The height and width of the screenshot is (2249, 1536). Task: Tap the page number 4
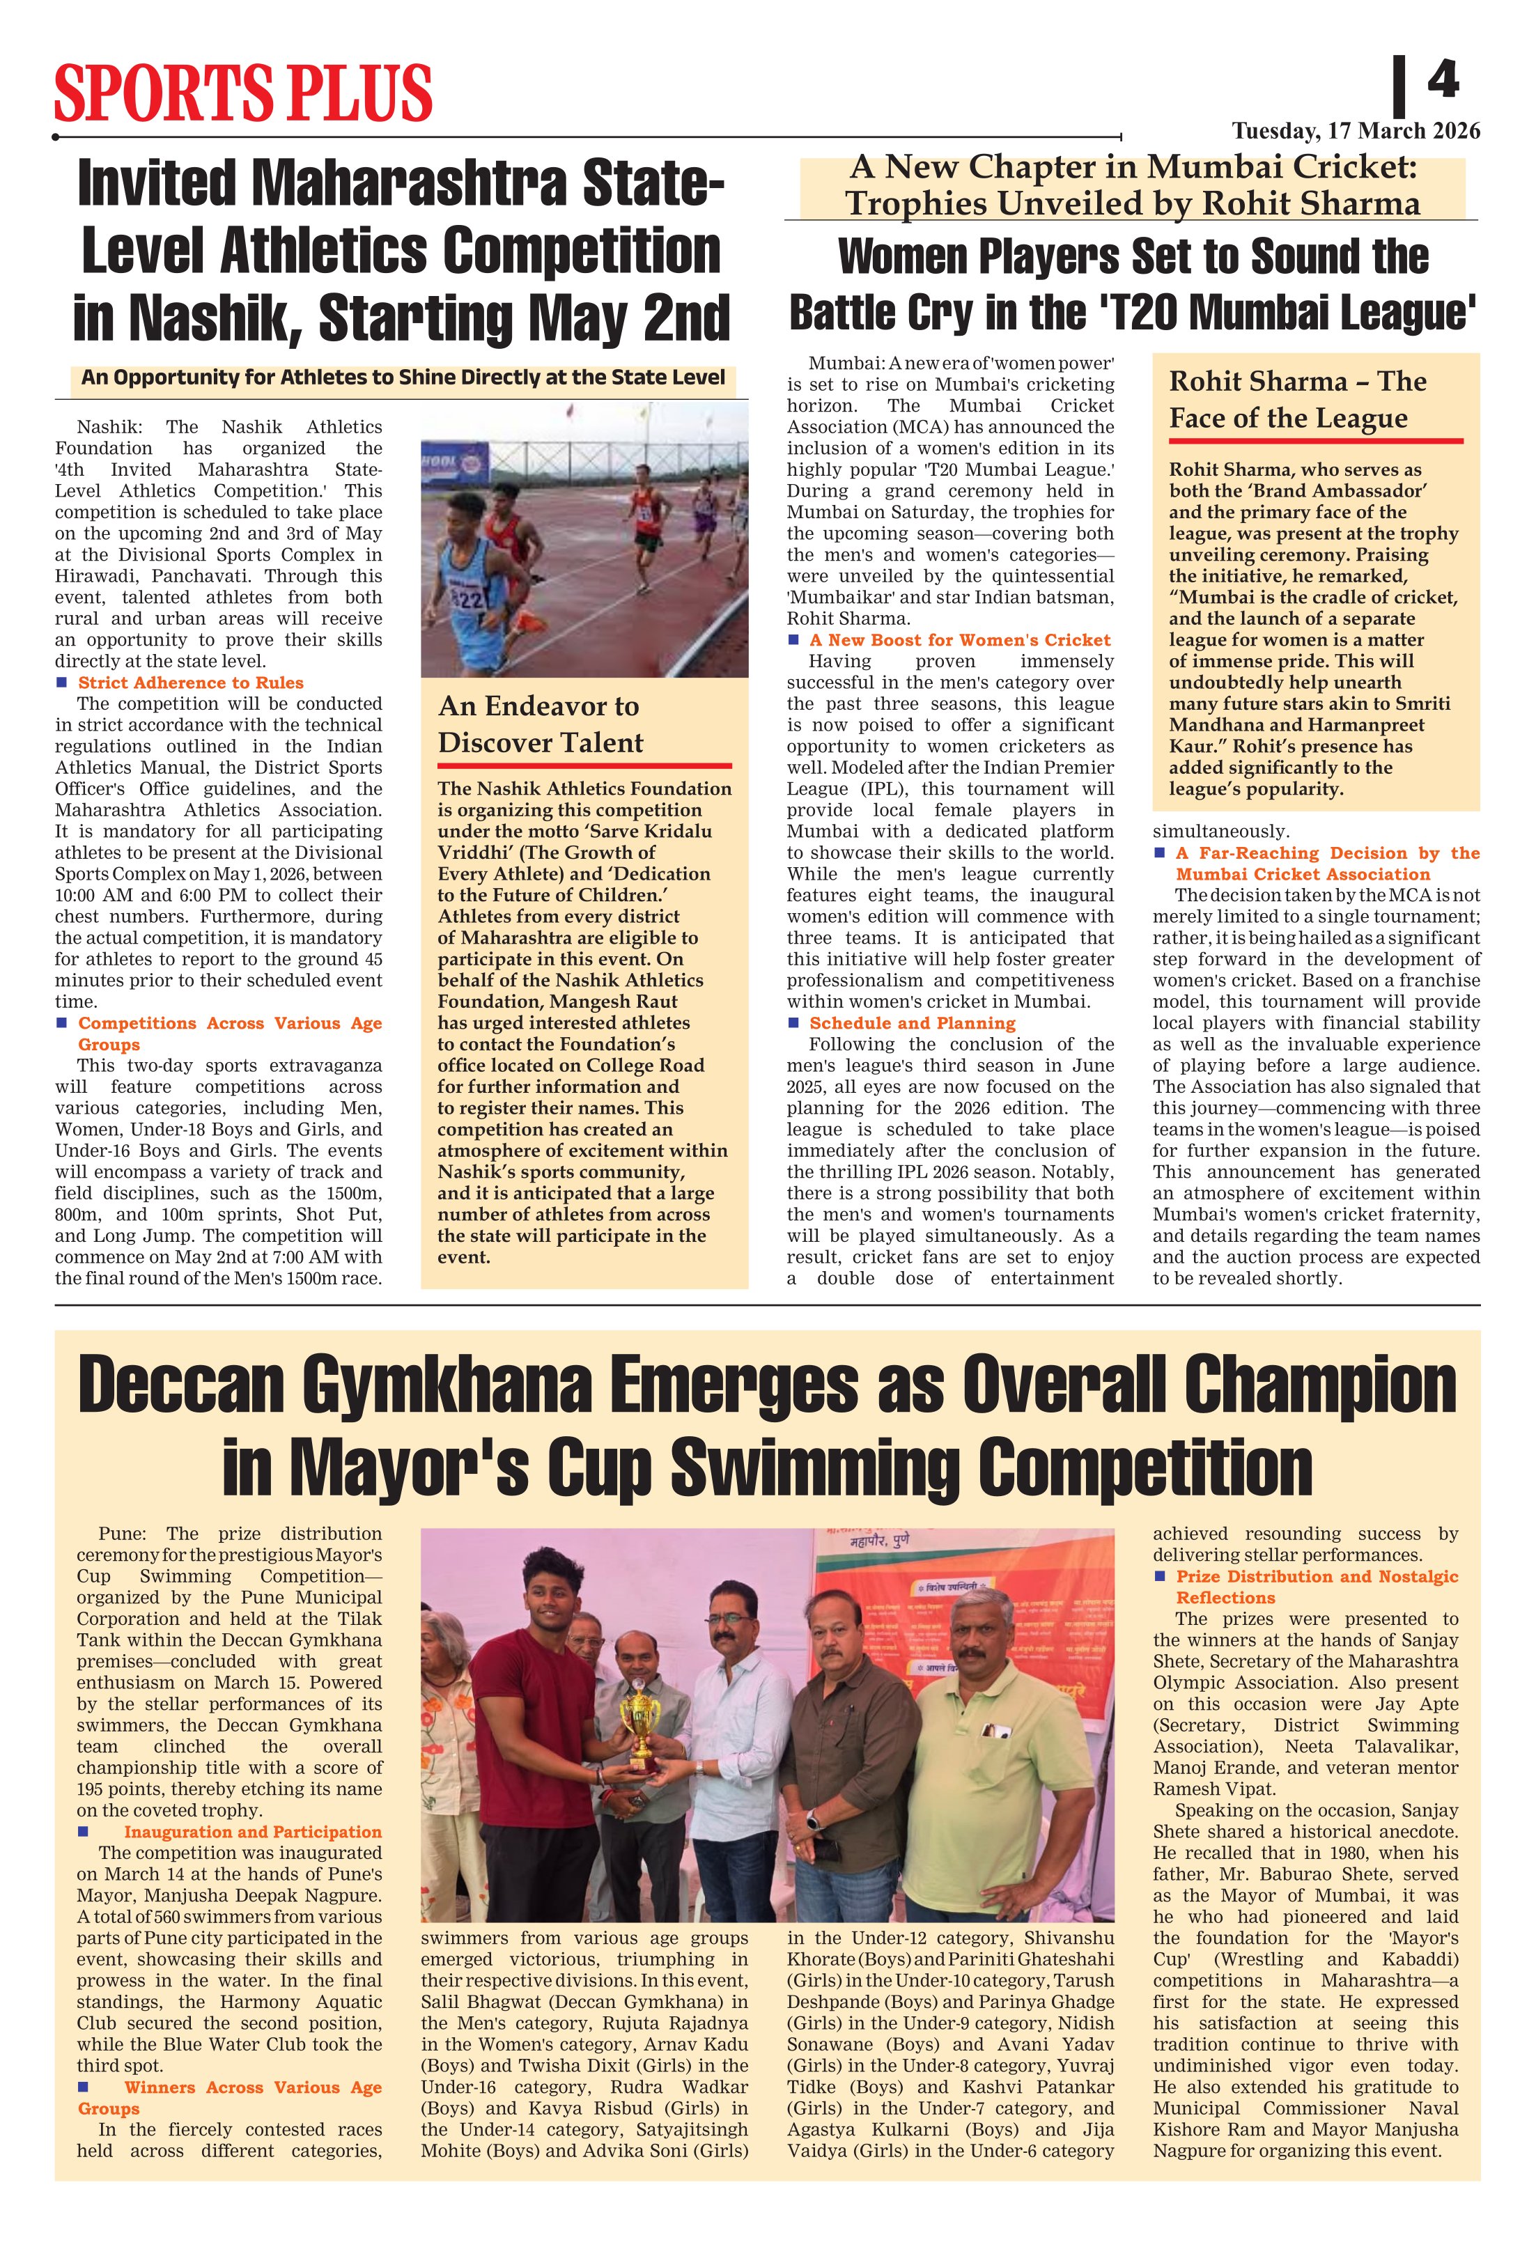(1442, 79)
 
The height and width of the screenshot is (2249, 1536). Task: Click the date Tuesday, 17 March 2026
(1355, 131)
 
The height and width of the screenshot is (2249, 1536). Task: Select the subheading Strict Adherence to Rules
(191, 683)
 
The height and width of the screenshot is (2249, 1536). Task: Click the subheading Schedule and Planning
(913, 1023)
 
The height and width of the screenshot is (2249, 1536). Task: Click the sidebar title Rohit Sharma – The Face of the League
(1298, 400)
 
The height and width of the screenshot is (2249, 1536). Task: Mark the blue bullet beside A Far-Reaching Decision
(1160, 853)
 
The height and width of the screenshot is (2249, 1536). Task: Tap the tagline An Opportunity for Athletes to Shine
(403, 378)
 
